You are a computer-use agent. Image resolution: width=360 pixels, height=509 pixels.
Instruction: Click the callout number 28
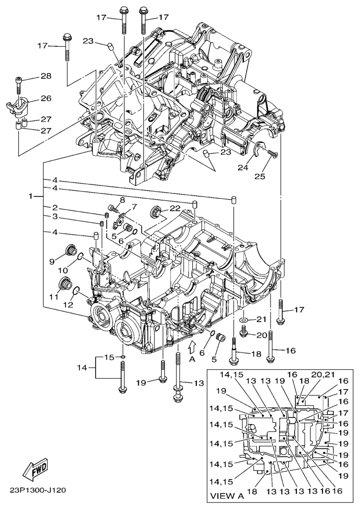tap(46, 76)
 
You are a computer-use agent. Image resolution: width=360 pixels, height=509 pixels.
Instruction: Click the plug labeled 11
tap(65, 284)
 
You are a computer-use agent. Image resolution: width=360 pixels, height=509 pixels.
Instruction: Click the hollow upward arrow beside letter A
tap(191, 347)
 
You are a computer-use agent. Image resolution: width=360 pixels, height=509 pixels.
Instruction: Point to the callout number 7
tap(134, 207)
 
